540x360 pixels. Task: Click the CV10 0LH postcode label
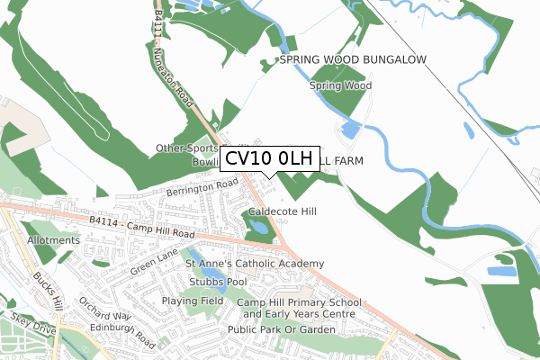(268, 159)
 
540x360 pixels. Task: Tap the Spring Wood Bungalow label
(352, 59)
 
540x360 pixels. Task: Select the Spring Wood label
(340, 86)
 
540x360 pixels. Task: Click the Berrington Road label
(202, 187)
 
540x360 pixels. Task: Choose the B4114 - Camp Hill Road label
(143, 224)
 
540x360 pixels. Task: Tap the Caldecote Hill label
(283, 211)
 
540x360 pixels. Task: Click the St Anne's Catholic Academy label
(254, 264)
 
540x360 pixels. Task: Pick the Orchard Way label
(104, 310)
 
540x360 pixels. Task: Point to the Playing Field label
(192, 301)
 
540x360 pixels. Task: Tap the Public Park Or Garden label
(282, 329)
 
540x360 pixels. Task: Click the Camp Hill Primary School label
(300, 302)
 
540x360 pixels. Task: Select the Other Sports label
(187, 148)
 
